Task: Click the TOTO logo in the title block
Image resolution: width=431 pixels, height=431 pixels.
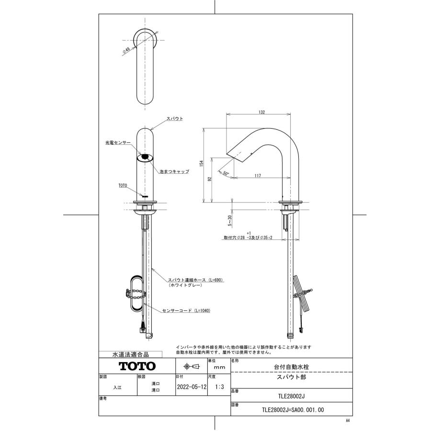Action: tap(137, 366)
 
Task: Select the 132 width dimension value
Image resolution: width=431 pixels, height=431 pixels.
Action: tap(261, 112)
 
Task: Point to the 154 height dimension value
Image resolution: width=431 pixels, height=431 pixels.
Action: tap(201, 164)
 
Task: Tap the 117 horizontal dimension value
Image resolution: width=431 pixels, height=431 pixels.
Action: tap(258, 176)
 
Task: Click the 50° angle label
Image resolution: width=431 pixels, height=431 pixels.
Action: tap(226, 174)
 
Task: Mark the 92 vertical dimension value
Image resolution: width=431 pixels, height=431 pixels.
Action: tap(210, 179)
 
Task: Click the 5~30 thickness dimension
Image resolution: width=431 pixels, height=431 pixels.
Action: tap(230, 220)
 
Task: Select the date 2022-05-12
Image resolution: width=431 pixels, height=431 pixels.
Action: tap(192, 387)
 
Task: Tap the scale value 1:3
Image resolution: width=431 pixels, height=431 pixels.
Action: tap(219, 387)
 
